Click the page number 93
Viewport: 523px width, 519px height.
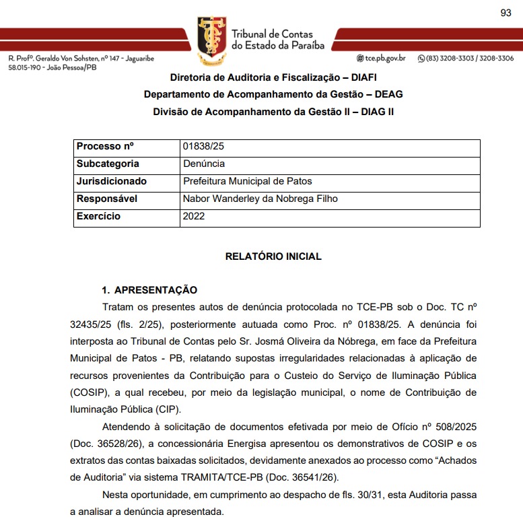[x=506, y=13]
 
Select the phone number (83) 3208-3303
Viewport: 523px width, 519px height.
[x=450, y=59]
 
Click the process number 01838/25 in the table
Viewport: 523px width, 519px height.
[x=199, y=147]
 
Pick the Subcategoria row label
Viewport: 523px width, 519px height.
[x=108, y=164]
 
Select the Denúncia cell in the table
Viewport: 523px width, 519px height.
[x=204, y=164]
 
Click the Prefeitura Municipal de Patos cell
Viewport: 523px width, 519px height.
[x=247, y=181]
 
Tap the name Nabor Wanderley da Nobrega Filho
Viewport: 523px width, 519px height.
[x=260, y=199]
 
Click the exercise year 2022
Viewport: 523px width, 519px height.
[x=194, y=216]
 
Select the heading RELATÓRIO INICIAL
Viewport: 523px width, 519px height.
[x=273, y=256]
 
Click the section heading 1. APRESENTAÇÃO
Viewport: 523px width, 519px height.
[x=149, y=290]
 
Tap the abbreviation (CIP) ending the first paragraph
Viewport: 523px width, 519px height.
[x=171, y=409]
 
